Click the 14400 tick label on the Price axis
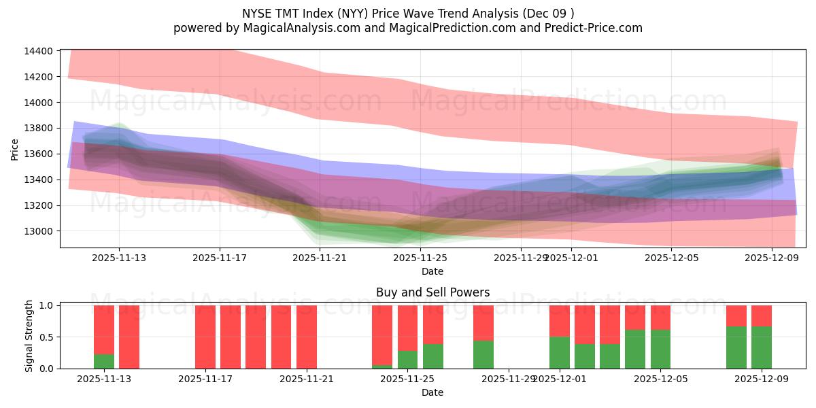(x=37, y=51)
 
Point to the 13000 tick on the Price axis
(x=37, y=231)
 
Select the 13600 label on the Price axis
(x=37, y=154)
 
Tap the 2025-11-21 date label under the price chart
(x=320, y=258)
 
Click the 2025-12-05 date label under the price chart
(x=671, y=258)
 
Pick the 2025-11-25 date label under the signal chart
(x=407, y=379)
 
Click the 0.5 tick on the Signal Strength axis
(x=46, y=337)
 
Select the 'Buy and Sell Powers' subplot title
(x=432, y=293)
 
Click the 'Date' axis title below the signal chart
(x=432, y=392)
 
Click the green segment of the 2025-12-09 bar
(x=762, y=347)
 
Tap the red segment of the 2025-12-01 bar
(x=560, y=321)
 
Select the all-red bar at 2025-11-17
(x=205, y=337)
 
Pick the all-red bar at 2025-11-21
(x=307, y=337)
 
